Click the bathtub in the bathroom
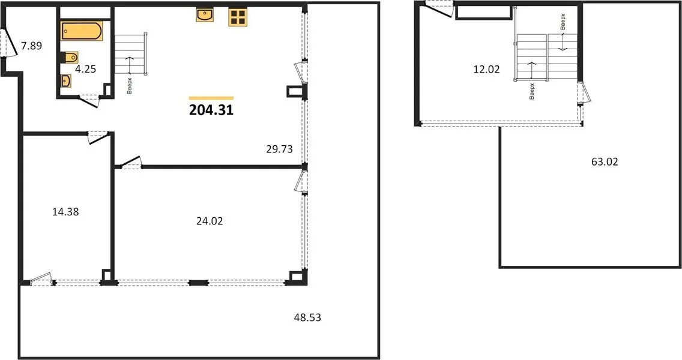point(82,31)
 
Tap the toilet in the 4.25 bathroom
point(70,58)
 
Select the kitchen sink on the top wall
point(205,15)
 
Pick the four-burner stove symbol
point(238,17)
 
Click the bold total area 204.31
point(211,110)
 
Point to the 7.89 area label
point(32,46)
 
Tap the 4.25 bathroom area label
point(85,69)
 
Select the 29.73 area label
point(279,149)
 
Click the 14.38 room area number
point(65,212)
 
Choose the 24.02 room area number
point(210,221)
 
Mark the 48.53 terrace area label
point(307,317)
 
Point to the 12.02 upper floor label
point(486,69)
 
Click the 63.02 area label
point(605,162)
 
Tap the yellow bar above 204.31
point(211,98)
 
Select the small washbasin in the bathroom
point(66,81)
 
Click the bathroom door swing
point(90,101)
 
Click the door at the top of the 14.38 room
point(97,137)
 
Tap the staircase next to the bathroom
point(130,55)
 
